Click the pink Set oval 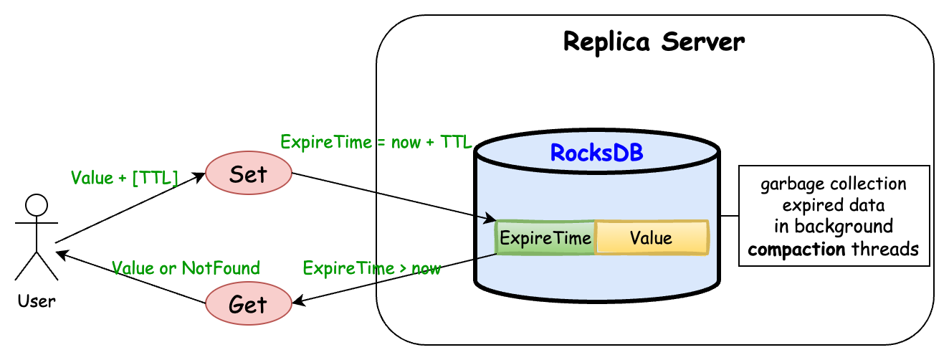248,174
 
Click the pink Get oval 248,305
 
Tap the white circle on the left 37,206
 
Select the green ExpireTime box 545,238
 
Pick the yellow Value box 651,238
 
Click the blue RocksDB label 596,153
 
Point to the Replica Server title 654,42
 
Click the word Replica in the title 606,42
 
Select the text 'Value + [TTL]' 124,178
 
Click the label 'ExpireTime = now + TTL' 376,141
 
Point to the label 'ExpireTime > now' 371,269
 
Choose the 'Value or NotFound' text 186,269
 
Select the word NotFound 220,269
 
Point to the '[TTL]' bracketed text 155,178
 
